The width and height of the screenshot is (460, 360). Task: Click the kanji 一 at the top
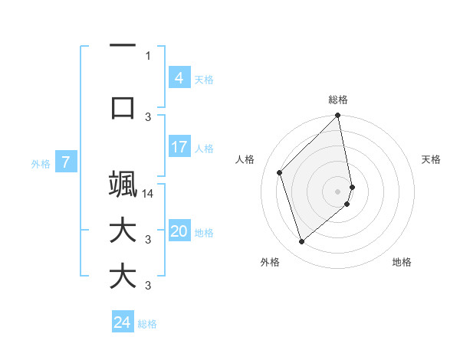(123, 46)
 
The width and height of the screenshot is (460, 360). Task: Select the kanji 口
(123, 106)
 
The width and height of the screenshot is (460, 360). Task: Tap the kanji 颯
(123, 185)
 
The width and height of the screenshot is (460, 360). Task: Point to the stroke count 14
(149, 194)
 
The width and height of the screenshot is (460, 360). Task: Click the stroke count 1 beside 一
(148, 55)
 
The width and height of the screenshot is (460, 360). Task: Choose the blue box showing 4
(179, 78)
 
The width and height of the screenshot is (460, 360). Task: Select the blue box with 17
(179, 147)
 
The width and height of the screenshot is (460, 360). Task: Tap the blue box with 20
(179, 232)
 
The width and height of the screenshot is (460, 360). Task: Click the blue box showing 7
(66, 162)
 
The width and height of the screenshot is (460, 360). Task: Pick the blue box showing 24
(123, 322)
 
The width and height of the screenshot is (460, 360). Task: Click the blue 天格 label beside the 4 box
(204, 79)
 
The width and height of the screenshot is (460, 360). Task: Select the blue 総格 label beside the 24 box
(147, 324)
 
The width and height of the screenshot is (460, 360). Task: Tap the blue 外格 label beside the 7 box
(41, 163)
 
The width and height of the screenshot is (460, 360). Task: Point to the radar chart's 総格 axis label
(338, 100)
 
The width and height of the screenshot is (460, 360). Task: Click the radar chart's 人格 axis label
(245, 159)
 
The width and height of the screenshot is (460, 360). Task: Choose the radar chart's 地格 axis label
(402, 262)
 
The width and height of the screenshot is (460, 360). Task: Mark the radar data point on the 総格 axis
(338, 116)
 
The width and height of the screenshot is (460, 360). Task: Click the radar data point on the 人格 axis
(280, 172)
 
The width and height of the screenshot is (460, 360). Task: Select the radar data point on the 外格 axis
(302, 242)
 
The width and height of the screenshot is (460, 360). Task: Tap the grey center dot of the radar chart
(338, 191)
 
